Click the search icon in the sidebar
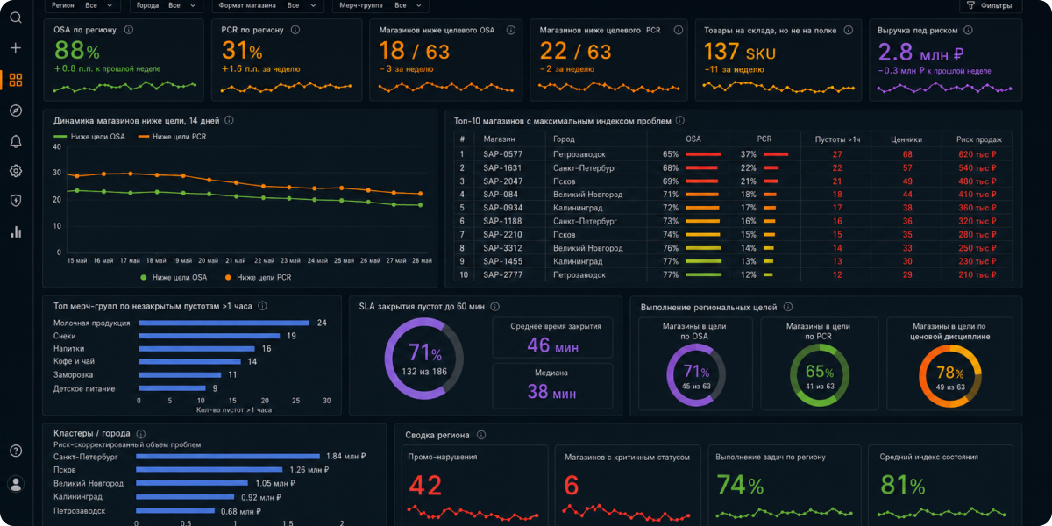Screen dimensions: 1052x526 16,18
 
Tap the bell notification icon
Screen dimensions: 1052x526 16,141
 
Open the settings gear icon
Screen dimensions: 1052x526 16,171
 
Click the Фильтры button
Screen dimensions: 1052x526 989,5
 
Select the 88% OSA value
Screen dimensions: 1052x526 77,50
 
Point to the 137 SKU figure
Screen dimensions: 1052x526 739,52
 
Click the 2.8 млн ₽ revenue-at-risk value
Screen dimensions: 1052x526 920,53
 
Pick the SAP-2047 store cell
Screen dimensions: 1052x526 502,181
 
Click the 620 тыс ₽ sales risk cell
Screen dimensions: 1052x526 977,154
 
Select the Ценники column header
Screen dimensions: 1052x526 906,139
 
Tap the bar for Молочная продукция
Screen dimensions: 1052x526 224,323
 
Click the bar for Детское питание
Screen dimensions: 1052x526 172,388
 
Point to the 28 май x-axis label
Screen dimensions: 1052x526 422,260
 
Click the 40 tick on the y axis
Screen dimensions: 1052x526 57,147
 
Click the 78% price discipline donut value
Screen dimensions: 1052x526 949,373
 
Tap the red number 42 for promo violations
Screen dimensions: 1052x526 425,486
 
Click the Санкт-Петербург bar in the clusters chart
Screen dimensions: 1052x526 228,457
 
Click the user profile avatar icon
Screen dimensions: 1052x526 16,484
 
